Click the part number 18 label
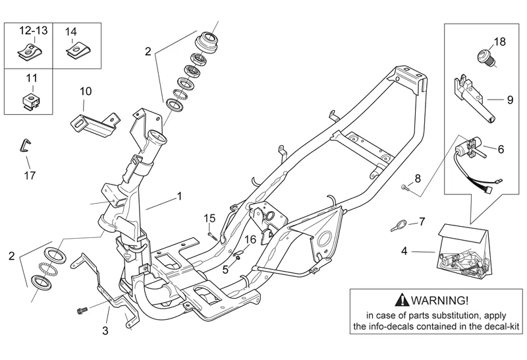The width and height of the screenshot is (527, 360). pyautogui.click(x=499, y=42)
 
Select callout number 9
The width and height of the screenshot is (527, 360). pyautogui.click(x=509, y=100)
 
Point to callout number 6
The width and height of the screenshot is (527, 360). pyautogui.click(x=500, y=150)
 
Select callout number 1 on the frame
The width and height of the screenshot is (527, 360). pyautogui.click(x=179, y=196)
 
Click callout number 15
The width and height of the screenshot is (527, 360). pyautogui.click(x=209, y=218)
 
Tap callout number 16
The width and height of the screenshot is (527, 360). pyautogui.click(x=251, y=239)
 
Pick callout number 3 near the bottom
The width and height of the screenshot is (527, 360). pyautogui.click(x=105, y=330)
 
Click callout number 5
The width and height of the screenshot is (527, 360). pyautogui.click(x=225, y=268)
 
